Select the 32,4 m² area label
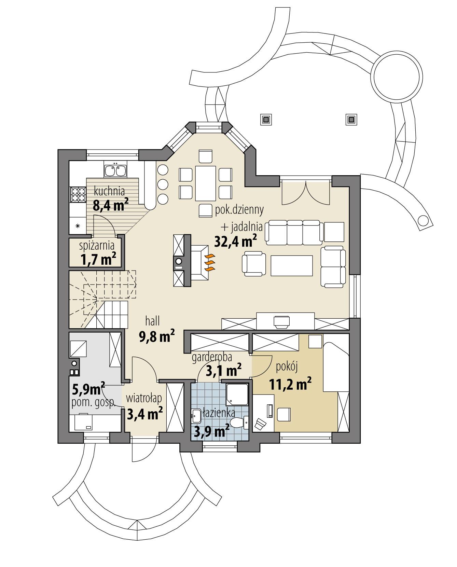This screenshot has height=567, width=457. pyautogui.click(x=235, y=241)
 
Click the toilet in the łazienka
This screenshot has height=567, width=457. pyautogui.click(x=238, y=423)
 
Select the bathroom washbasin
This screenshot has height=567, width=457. pyautogui.click(x=196, y=416)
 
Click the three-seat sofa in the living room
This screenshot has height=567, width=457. pyautogui.click(x=294, y=233)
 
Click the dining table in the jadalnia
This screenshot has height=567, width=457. pyautogui.click(x=206, y=183)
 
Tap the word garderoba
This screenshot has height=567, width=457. pyautogui.click(x=212, y=357)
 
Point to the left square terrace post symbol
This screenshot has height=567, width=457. pyautogui.click(x=266, y=120)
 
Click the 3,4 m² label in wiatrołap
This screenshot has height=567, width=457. pyautogui.click(x=144, y=414)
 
